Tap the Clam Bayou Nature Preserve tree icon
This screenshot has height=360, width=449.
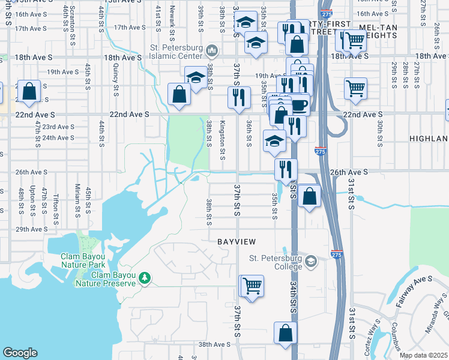(x=145, y=278)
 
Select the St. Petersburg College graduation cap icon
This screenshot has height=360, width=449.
(x=311, y=261)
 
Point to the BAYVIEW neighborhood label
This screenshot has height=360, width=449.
(x=237, y=241)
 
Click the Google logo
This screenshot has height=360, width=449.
(x=20, y=353)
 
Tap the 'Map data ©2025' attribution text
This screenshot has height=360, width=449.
(x=424, y=355)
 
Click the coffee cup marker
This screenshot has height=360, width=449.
(x=298, y=106)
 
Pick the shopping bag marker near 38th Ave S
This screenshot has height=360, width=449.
(x=286, y=332)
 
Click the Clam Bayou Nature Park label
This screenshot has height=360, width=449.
(x=83, y=260)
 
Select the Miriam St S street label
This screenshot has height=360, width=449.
(x=77, y=199)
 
